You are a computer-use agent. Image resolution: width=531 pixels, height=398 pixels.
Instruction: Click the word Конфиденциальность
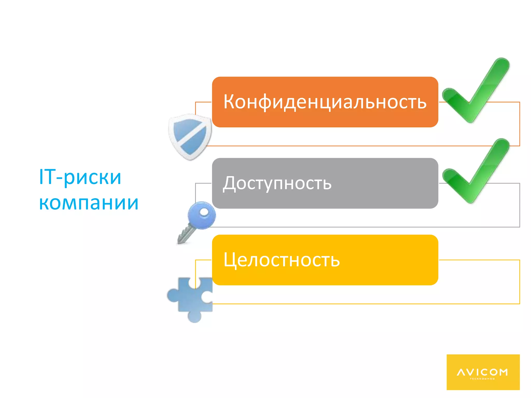tap(325, 102)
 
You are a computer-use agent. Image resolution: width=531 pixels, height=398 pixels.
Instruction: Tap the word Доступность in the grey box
tap(277, 183)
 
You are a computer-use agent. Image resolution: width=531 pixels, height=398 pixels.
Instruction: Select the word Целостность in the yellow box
tap(282, 260)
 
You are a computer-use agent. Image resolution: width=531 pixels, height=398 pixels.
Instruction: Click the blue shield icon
tap(190, 137)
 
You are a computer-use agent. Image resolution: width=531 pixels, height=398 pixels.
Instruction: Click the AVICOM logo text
tap(482, 372)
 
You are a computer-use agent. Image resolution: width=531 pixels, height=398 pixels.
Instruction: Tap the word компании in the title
tap(89, 203)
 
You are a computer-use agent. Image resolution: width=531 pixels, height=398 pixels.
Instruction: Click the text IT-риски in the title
tap(80, 177)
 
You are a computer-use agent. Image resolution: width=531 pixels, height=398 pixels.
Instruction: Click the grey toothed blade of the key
tap(185, 235)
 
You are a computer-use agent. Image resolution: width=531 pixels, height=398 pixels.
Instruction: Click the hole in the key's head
tap(204, 212)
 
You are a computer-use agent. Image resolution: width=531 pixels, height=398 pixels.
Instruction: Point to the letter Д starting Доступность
tap(229, 183)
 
